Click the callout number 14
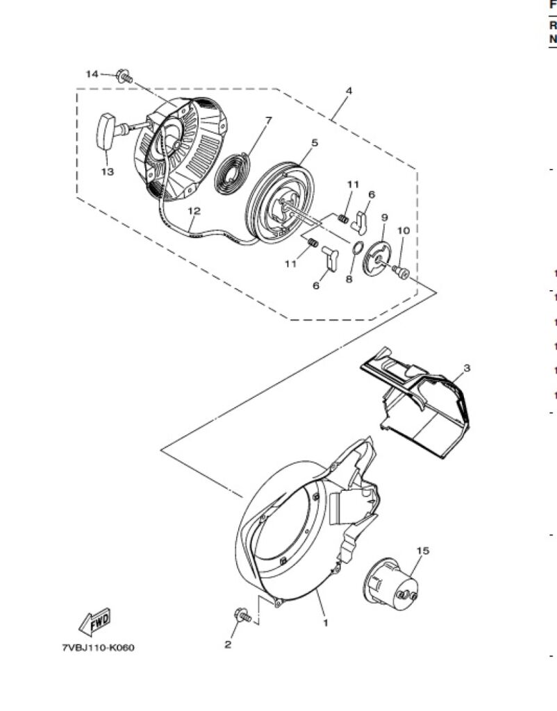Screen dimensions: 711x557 (92, 74)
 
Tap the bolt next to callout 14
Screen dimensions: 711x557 (124, 76)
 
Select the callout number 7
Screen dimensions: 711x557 (268, 120)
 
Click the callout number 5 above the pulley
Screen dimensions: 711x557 (314, 142)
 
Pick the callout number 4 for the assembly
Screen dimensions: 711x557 (349, 91)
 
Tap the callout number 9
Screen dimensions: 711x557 (384, 217)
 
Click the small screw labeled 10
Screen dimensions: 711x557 (401, 271)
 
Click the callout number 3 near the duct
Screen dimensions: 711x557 (467, 367)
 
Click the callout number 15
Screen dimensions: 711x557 (422, 551)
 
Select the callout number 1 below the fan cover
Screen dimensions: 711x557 (324, 623)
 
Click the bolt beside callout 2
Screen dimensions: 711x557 (242, 614)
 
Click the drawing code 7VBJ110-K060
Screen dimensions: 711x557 (98, 648)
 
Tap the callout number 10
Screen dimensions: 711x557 (404, 231)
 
